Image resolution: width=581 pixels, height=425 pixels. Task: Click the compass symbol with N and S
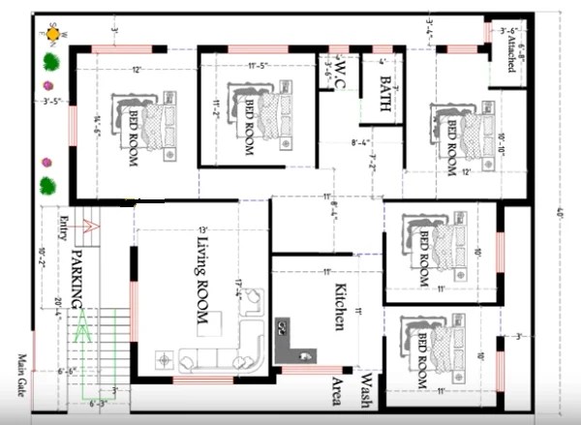52,34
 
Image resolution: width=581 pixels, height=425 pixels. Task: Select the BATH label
384,95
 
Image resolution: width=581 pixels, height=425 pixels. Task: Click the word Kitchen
341,308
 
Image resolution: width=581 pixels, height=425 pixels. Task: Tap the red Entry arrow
90,228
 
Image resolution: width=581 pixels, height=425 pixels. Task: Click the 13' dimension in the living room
202,229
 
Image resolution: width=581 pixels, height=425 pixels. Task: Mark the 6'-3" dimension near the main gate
99,404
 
